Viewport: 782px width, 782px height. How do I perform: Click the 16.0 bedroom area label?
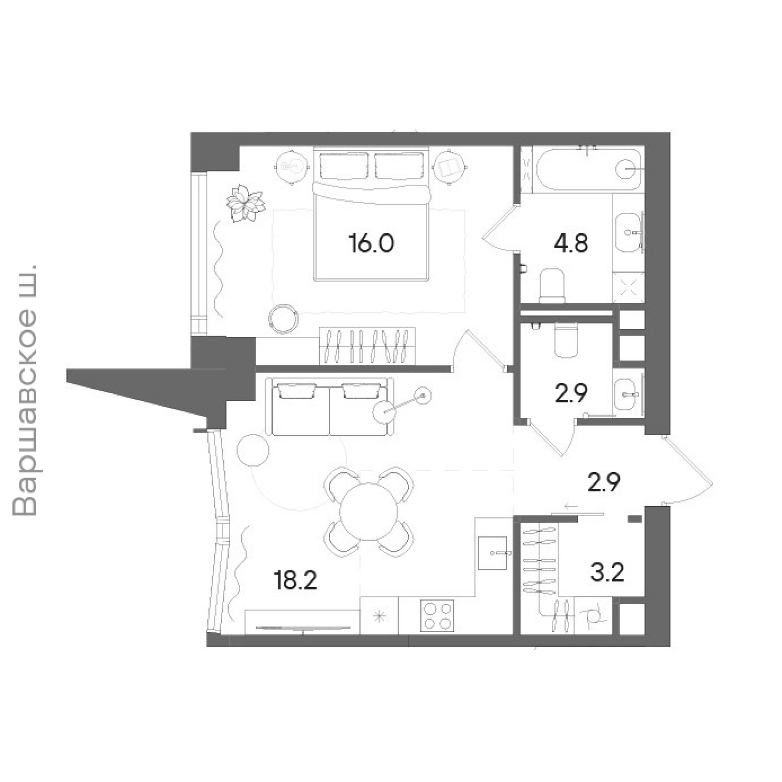(x=371, y=244)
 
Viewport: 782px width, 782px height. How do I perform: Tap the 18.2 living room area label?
(x=295, y=580)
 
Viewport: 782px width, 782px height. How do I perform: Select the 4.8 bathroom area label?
(x=571, y=244)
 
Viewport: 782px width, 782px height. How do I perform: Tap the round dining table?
(x=369, y=511)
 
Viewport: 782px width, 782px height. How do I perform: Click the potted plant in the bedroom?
(x=245, y=203)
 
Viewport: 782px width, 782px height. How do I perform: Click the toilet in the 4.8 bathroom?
(x=552, y=286)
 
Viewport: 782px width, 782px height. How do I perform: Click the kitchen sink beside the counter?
(x=493, y=553)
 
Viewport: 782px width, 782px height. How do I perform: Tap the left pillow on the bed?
(x=344, y=166)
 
